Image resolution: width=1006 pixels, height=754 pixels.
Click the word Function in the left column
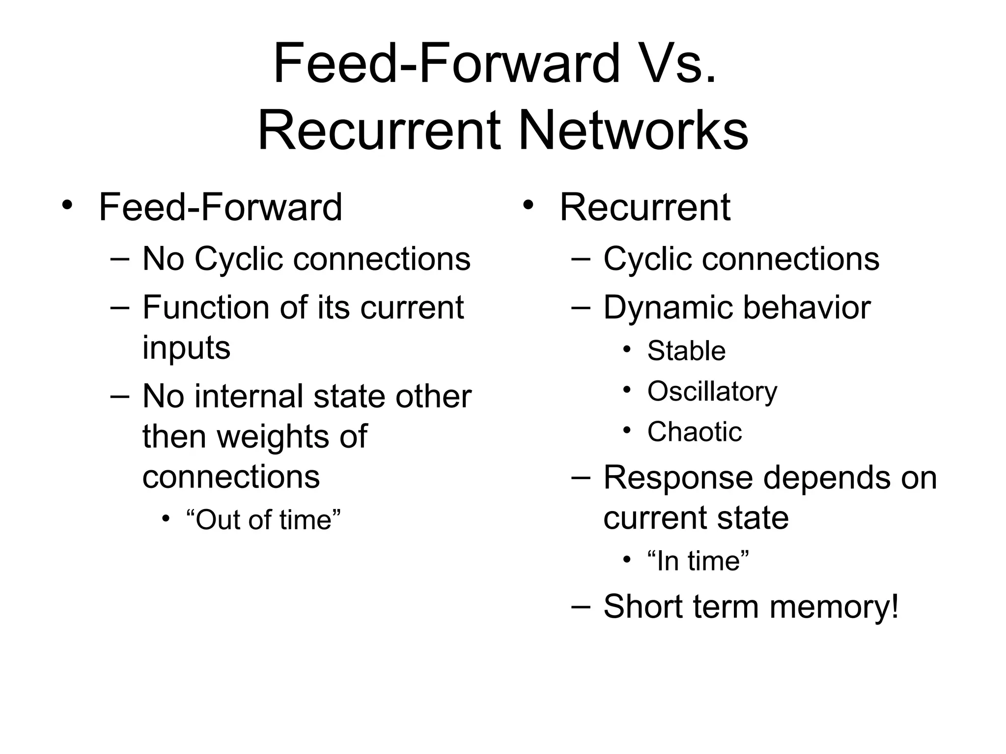point(206,308)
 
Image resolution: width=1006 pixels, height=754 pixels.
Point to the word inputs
point(186,348)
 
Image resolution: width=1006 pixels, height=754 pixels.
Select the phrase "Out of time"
point(264,520)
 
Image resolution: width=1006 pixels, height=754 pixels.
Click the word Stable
point(686,351)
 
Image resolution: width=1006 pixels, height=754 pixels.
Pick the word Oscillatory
point(712,392)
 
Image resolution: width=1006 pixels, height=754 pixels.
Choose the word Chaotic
point(694,432)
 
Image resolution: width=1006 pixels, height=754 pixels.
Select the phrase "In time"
point(698,561)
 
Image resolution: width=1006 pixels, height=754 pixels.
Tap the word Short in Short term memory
point(643,607)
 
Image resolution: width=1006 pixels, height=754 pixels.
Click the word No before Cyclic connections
point(164,259)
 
